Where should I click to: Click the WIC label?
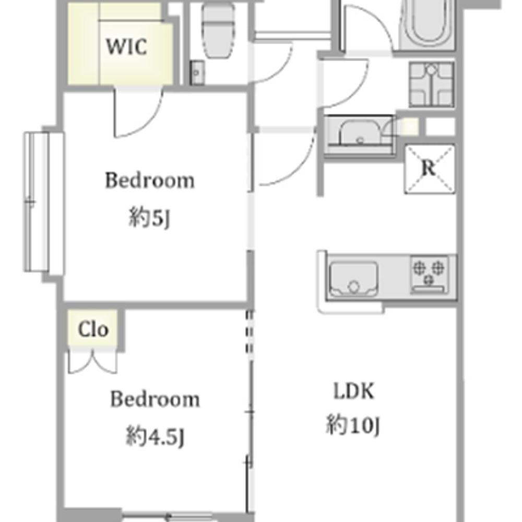pos(126,46)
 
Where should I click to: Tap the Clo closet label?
pos(93,329)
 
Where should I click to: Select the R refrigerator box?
pos(430,169)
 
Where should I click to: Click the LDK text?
pos(354,391)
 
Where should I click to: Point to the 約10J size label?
pos(353,424)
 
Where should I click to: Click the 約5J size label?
pos(149,218)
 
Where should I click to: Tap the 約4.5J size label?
pos(155,436)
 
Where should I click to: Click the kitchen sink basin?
pos(353,279)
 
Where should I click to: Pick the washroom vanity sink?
pos(359,134)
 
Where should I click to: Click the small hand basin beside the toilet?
pos(197,73)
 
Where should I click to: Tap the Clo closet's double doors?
pos(93,361)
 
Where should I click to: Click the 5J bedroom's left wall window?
pos(43,202)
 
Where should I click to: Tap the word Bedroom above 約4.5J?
pos(155,399)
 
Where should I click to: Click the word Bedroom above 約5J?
pos(150,180)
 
